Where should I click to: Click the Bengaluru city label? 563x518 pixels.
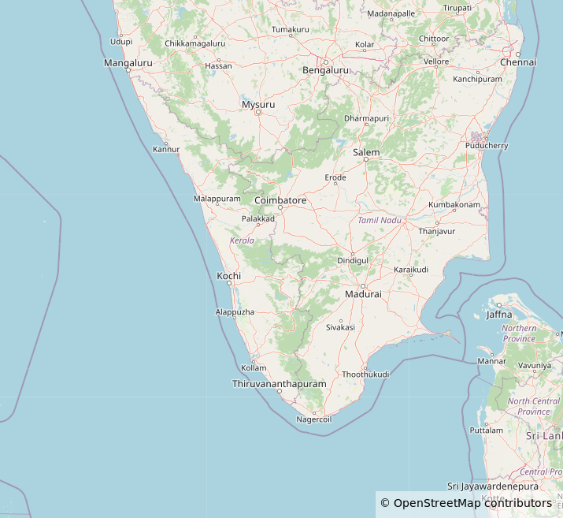325,70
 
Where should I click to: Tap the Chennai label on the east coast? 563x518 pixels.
518,62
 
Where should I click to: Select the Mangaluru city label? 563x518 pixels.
128,62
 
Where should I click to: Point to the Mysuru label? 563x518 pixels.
258,105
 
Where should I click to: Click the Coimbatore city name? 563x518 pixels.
280,201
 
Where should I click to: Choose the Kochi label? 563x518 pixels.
228,276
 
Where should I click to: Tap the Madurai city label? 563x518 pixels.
363,294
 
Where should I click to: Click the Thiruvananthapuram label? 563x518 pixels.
279,384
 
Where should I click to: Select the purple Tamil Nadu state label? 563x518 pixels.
380,220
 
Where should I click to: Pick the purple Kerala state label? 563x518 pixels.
242,240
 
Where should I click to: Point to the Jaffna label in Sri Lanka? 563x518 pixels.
498,315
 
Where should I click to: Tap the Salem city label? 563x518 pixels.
366,152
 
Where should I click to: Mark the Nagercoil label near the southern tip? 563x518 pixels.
314,419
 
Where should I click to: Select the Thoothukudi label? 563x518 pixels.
366,374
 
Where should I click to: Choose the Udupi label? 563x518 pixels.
121,41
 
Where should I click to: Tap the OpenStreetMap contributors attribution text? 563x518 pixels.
472,503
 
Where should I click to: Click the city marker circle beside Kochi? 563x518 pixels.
229,283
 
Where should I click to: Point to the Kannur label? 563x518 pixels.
166,149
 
